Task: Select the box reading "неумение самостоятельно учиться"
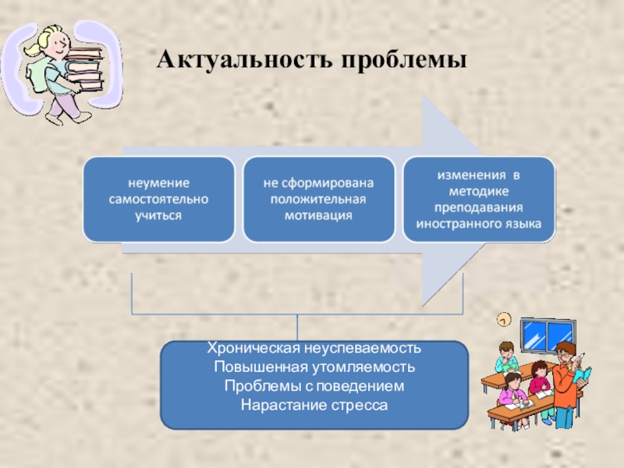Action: pos(159,199)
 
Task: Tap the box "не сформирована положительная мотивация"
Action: pos(318,199)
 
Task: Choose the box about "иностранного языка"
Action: pos(479,199)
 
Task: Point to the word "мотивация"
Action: pos(318,214)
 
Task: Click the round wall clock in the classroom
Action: pos(504,318)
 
